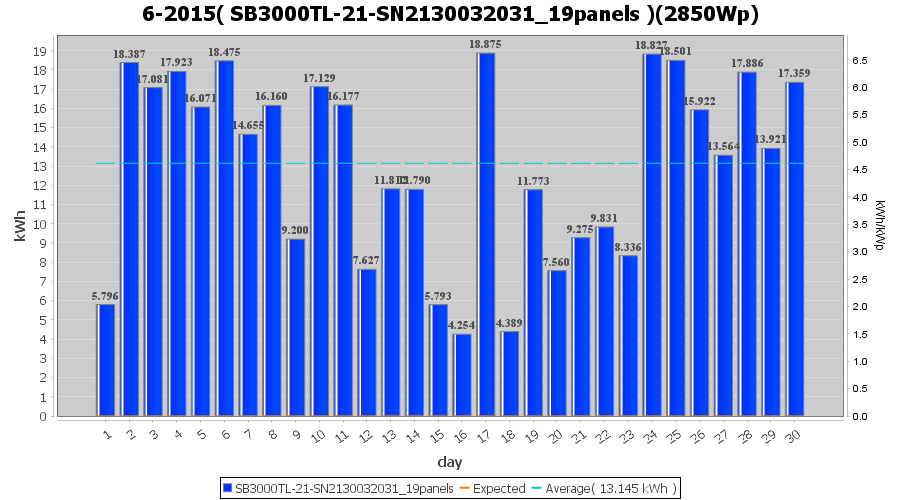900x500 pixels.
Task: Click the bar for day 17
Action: pos(486,235)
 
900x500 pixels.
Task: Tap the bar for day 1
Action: pos(106,360)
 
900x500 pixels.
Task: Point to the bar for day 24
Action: pos(652,235)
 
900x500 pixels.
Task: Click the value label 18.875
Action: pos(486,44)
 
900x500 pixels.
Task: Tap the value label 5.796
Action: pos(106,296)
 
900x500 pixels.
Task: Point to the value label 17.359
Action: pos(795,73)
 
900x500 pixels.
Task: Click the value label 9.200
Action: pos(296,230)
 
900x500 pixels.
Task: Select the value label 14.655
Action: pos(248,125)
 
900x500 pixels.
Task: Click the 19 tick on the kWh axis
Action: pos(41,51)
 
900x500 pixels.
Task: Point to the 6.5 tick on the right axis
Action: pos(859,60)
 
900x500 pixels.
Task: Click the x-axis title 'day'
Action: pos(450,462)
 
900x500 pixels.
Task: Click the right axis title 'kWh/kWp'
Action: pos(879,226)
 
